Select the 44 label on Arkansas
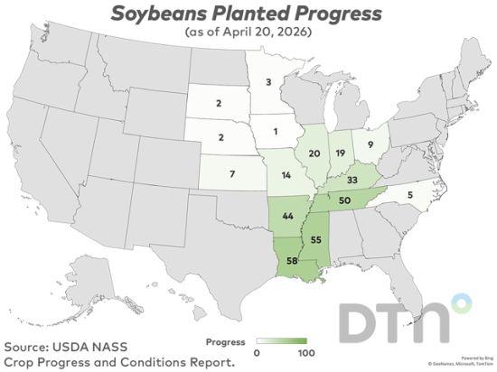(288, 218)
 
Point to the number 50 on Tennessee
(344, 200)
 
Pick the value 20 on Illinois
(314, 153)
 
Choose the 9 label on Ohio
(370, 143)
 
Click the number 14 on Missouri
(286, 175)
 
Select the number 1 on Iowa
(276, 132)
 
